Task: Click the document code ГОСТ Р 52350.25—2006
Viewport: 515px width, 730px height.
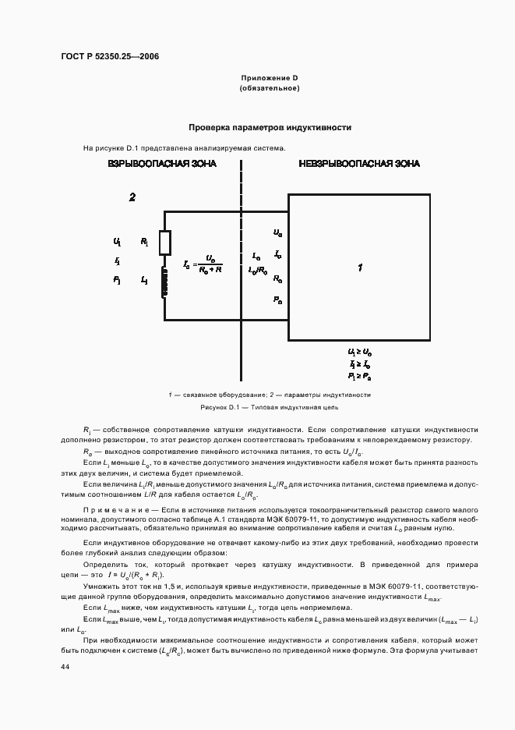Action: [110, 57]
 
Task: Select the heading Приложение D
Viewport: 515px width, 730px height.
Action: [270, 78]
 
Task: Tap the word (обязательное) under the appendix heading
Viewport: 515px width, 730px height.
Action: [270, 88]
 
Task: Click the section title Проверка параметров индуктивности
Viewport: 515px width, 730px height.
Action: [270, 127]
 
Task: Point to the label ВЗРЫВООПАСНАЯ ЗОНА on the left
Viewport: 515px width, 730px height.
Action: [162, 164]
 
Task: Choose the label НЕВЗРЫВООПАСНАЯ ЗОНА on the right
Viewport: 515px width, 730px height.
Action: [359, 164]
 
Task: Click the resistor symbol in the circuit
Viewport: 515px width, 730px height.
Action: [164, 243]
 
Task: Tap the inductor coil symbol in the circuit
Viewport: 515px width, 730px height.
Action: [164, 282]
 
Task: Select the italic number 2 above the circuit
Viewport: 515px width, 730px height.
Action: [132, 197]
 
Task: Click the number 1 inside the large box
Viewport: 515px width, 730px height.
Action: [360, 268]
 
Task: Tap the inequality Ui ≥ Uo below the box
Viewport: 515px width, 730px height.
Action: [359, 353]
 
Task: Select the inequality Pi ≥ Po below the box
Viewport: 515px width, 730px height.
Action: [359, 376]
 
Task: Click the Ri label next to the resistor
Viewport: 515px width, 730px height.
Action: [144, 243]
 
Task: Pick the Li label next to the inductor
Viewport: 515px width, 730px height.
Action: [144, 280]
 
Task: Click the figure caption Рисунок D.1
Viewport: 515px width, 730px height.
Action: [270, 407]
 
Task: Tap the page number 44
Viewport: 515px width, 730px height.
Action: [65, 667]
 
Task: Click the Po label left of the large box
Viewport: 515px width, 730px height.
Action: [278, 299]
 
